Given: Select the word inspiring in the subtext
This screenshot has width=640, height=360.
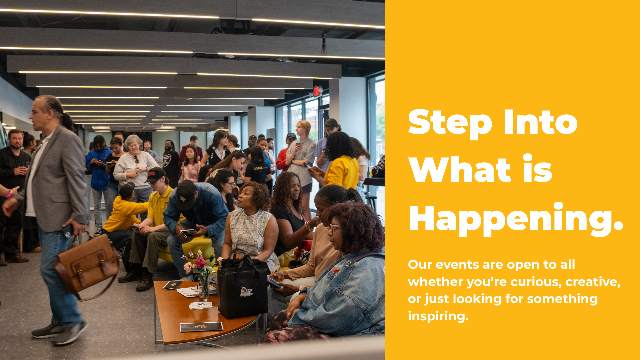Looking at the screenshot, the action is [x=438, y=316].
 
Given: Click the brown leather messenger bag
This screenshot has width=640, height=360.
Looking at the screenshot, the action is [x=87, y=263].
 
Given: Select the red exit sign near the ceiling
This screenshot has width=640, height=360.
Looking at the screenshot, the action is [x=317, y=91].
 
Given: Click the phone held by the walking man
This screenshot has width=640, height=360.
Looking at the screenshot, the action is [x=68, y=231].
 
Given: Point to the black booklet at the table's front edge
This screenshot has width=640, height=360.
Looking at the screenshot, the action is [x=201, y=327].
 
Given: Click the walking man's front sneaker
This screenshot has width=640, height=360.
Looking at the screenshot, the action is [x=70, y=333].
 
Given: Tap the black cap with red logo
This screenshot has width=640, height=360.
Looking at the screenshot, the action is [x=155, y=174].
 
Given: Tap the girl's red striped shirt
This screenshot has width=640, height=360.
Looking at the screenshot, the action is [x=191, y=172].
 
